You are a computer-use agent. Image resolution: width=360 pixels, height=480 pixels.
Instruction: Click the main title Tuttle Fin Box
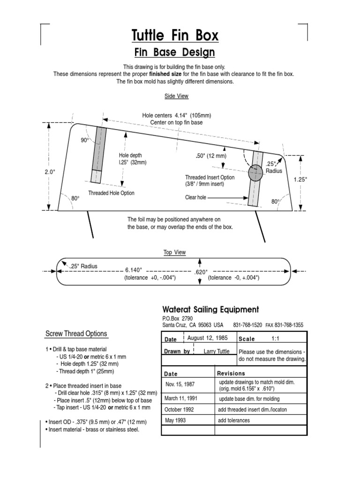[174, 36]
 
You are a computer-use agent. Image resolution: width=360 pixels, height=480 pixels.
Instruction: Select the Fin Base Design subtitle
[174, 52]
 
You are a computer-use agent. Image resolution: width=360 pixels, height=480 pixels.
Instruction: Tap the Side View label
[176, 96]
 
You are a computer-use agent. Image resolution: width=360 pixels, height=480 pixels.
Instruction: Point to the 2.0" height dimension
[50, 172]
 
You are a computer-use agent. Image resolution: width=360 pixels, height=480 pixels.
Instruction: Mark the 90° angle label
[85, 140]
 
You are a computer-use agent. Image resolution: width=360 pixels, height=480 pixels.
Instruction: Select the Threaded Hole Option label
[111, 193]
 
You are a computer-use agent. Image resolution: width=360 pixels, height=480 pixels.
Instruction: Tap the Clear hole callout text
[195, 198]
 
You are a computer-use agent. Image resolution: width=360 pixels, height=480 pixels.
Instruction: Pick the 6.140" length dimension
[133, 270]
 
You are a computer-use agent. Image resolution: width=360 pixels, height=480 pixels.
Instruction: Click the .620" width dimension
[201, 271]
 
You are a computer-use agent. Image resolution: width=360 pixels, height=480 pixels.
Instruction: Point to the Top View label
[174, 253]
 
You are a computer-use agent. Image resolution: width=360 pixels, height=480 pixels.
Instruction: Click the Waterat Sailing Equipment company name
[210, 309]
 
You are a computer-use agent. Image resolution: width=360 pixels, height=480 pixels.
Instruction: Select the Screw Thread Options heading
[76, 334]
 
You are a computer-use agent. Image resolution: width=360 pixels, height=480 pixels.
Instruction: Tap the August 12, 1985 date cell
[207, 338]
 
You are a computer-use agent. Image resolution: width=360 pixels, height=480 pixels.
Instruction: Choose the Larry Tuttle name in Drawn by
[217, 351]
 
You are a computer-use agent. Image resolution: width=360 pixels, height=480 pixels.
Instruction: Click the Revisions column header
[231, 374]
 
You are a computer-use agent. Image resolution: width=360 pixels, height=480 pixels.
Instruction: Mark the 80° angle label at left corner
[75, 199]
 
